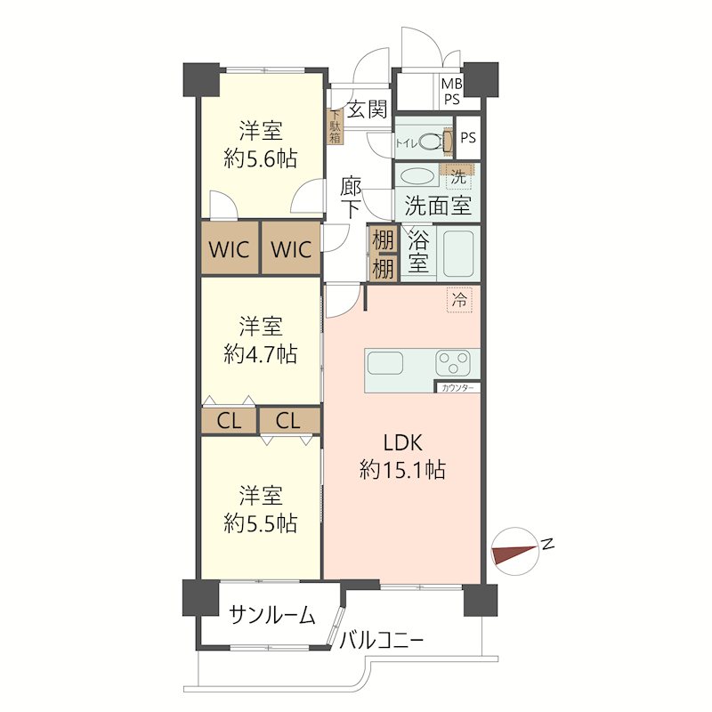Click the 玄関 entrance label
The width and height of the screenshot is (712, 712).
[x=367, y=109]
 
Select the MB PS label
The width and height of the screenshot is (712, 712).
[x=452, y=92]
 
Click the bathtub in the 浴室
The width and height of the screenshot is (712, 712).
[x=458, y=254]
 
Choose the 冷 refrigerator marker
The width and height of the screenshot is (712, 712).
[x=459, y=300]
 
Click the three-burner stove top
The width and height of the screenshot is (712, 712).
[x=453, y=363]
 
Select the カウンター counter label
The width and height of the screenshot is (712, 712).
[x=457, y=388]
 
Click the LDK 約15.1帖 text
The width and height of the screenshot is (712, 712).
[x=403, y=456]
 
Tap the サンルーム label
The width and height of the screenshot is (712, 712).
[x=271, y=615]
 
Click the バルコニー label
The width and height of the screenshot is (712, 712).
[x=382, y=641]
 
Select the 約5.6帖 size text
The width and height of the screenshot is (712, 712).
[x=261, y=159]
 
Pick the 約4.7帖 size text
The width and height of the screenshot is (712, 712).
[x=261, y=353]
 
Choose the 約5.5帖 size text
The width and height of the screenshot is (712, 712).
[x=261, y=523]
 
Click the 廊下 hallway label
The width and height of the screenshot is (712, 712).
[x=351, y=198]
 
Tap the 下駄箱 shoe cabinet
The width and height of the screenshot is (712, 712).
[x=336, y=126]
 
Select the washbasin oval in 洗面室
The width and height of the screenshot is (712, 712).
[x=417, y=177]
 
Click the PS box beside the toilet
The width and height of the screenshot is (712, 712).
[x=468, y=138]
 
